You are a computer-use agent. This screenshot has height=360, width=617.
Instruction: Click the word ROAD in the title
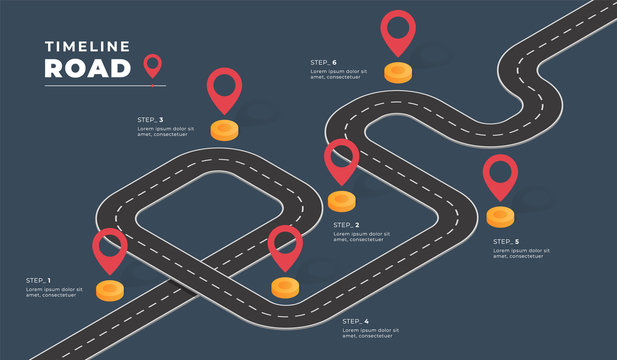point(88,67)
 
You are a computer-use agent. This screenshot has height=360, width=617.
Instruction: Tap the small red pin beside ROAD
point(152,66)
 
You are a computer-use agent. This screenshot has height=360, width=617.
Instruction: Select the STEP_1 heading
point(38,280)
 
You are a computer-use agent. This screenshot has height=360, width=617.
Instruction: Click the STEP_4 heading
point(355,321)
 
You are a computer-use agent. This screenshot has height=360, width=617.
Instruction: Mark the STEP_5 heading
point(506,241)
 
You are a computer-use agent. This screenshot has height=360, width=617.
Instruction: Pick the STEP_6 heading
point(323,62)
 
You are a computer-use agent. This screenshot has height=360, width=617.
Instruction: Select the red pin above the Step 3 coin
point(224,88)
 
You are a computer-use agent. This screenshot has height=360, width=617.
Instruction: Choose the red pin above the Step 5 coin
point(500,175)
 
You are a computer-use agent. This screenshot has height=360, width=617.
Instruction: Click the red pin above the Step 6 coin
point(398,30)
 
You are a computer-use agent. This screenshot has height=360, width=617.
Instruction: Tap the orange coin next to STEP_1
point(110,290)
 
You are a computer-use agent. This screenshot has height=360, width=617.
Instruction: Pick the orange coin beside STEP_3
point(225,129)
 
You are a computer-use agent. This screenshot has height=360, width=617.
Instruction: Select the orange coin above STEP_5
point(500,215)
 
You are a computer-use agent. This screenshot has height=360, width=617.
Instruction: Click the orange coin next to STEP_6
point(398,72)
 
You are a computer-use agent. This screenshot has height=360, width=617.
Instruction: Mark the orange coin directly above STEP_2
point(341,200)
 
